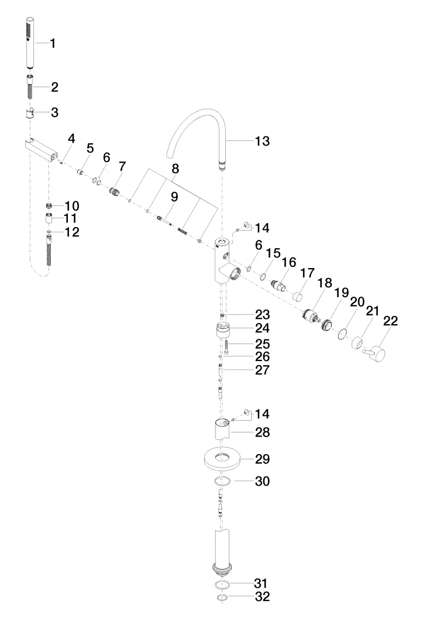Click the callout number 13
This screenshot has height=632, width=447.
click(262, 141)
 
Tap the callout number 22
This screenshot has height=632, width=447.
click(390, 321)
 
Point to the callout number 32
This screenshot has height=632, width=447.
click(262, 597)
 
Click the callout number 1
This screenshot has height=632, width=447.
click(53, 43)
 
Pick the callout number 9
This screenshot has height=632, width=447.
click(174, 197)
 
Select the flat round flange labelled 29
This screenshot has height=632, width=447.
click(222, 459)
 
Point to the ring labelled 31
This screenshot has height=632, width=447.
click(221, 585)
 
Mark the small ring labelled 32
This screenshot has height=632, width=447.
click(221, 598)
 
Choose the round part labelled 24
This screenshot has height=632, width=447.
click(221, 331)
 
